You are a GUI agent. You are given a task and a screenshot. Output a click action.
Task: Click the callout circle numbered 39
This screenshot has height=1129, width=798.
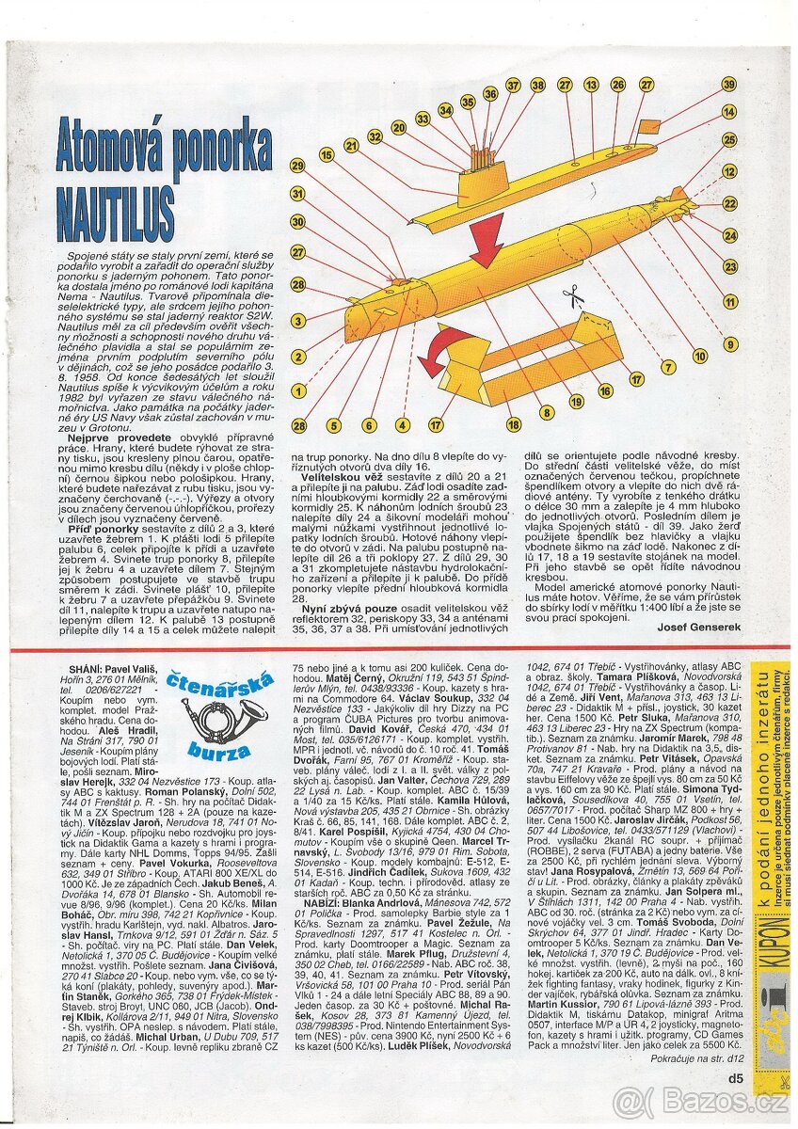coord(729,84)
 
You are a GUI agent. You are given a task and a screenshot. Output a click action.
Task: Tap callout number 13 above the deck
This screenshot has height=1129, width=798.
coord(591,85)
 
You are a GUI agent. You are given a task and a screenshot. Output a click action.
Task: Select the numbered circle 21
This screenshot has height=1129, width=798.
coord(351,146)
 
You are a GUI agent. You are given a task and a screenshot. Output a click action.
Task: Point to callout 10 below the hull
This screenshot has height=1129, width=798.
coord(700,357)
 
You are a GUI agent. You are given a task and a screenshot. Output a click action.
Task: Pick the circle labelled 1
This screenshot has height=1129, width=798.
coord(298,390)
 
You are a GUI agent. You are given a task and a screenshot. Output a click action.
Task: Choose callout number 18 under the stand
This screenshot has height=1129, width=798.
coord(514,425)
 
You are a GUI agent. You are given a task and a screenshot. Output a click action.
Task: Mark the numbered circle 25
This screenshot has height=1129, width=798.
coord(729,139)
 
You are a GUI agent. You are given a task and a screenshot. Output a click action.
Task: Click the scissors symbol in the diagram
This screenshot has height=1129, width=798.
coord(572,299)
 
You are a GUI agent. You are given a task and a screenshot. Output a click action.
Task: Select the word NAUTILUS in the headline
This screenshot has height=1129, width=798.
coord(115,203)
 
